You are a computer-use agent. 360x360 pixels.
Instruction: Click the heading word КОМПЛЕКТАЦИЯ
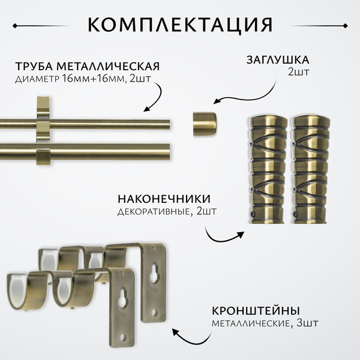tap(180, 25)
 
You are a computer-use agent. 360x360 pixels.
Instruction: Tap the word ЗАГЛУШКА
tap(277, 60)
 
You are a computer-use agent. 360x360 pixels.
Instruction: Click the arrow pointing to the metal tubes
tap(155, 99)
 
